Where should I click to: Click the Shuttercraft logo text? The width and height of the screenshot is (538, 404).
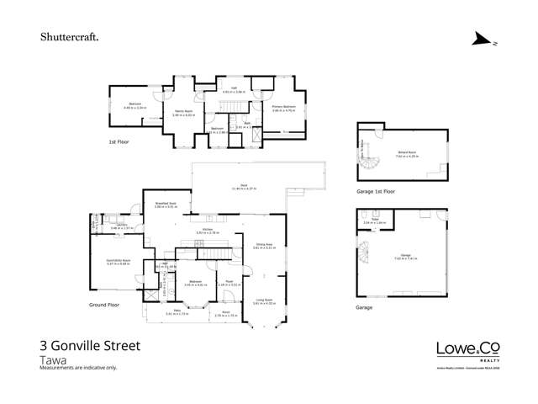pos(70,37)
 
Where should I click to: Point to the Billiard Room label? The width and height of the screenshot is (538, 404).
pos(408,152)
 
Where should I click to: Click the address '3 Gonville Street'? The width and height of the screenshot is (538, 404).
pos(90,345)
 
